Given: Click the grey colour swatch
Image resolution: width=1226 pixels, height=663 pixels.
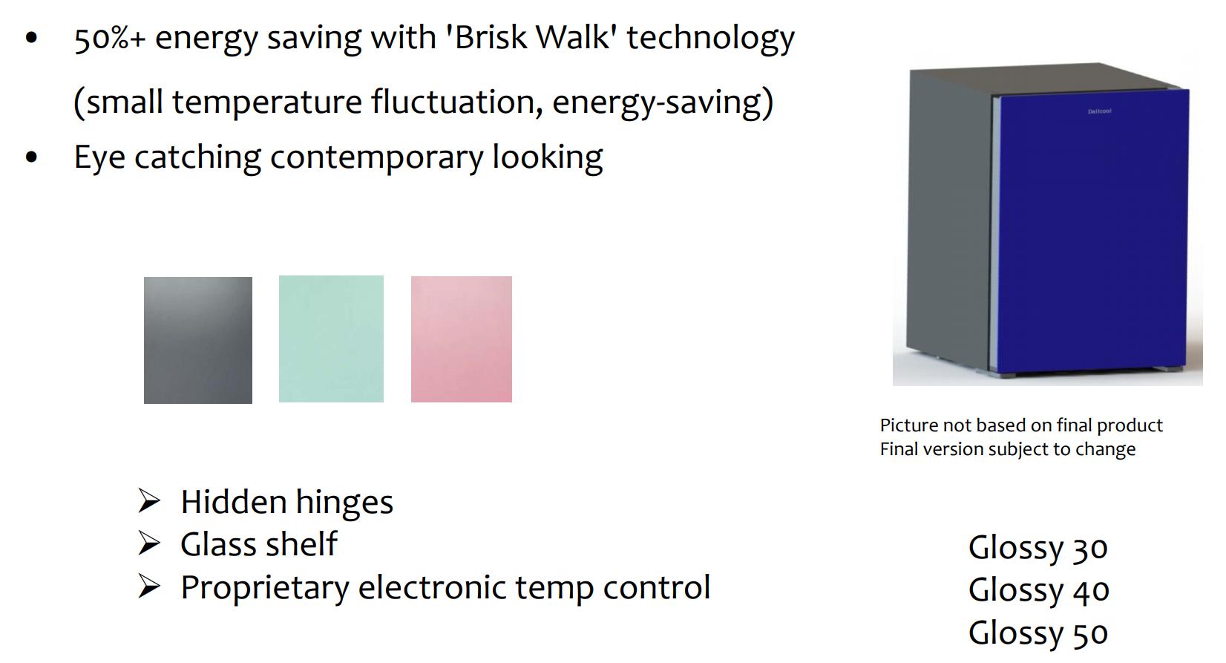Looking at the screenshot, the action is coord(198,340).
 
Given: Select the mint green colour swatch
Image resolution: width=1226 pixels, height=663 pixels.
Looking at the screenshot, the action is coord(331,339).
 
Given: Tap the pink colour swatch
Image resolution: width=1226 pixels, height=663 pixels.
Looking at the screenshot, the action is coord(462,339).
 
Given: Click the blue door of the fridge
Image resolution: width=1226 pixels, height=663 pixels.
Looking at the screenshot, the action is coord(1092,232).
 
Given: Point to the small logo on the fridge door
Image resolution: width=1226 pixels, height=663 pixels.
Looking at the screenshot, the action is coord(1100,111).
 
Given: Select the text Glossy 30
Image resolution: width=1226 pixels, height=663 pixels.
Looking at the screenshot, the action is coord(1037,547).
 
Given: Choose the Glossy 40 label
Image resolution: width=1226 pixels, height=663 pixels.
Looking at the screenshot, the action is coord(1038,590).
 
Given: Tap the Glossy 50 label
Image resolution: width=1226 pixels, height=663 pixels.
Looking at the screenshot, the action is coord(1037,633).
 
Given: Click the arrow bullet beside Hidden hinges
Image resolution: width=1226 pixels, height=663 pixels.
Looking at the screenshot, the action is coord(149,501).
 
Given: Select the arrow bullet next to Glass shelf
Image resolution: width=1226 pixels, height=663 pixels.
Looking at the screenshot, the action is coord(149,543).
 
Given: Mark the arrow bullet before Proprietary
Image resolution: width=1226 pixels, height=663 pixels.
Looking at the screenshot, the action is coord(149,587).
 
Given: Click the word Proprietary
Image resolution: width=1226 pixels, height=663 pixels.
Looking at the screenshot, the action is coord(265,588).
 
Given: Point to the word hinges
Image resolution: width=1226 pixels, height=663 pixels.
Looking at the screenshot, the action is coord(345,503).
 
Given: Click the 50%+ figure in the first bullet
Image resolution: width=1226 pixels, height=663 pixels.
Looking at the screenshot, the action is coord(110,39).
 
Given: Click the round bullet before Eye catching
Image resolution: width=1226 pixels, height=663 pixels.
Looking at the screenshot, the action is coord(32,157).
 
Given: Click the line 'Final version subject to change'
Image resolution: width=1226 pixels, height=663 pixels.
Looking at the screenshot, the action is coord(1008,449).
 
